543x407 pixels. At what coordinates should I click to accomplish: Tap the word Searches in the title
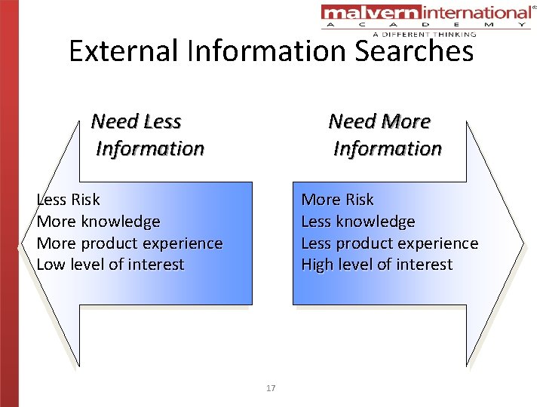point(412,51)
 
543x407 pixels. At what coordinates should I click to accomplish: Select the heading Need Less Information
point(147,134)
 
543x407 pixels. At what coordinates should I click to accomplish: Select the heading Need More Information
point(385,134)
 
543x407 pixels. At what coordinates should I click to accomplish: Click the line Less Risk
point(69,200)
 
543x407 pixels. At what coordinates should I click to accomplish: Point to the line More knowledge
point(98,222)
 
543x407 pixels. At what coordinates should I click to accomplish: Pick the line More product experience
point(130,243)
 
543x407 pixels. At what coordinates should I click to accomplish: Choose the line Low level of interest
point(110,265)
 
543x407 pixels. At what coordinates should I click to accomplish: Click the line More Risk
point(337,200)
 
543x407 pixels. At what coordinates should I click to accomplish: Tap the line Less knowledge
point(357,222)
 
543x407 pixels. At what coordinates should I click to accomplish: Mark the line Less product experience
point(389,243)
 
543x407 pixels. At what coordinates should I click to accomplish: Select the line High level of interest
point(376,265)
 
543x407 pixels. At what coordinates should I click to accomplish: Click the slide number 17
point(271,388)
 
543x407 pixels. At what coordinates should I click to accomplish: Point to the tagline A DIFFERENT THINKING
point(424,34)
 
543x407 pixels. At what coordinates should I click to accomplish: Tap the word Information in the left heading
point(150,148)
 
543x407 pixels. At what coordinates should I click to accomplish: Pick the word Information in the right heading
point(388,148)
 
